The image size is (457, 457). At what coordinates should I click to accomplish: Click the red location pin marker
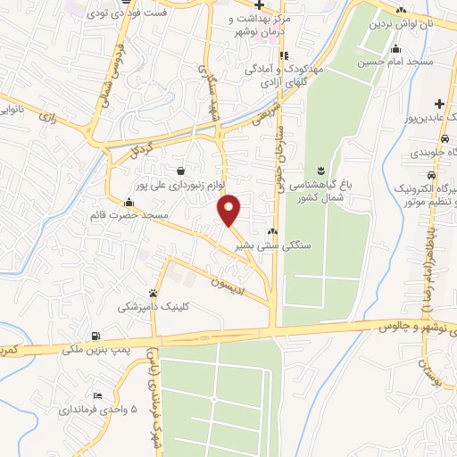[229, 209]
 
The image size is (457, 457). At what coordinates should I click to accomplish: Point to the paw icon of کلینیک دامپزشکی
[154, 293]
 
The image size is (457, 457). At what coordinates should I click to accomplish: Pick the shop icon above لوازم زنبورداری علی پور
[181, 170]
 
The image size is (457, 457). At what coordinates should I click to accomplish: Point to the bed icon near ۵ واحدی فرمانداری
[97, 396]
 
